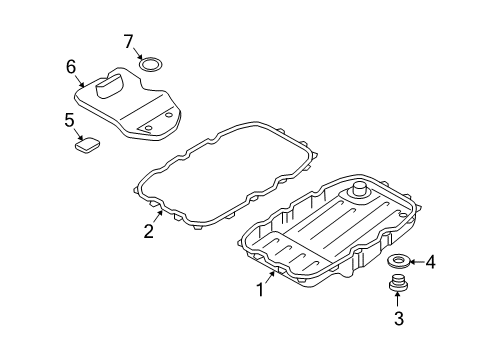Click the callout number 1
[x=260, y=289]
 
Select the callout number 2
[x=149, y=231]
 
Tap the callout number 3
[x=399, y=318]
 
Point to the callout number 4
[x=430, y=262]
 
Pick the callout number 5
[x=69, y=120]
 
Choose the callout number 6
[x=71, y=67]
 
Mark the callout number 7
[x=129, y=41]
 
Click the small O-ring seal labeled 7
[x=150, y=64]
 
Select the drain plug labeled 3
[x=397, y=283]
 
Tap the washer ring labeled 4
[x=399, y=260]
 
